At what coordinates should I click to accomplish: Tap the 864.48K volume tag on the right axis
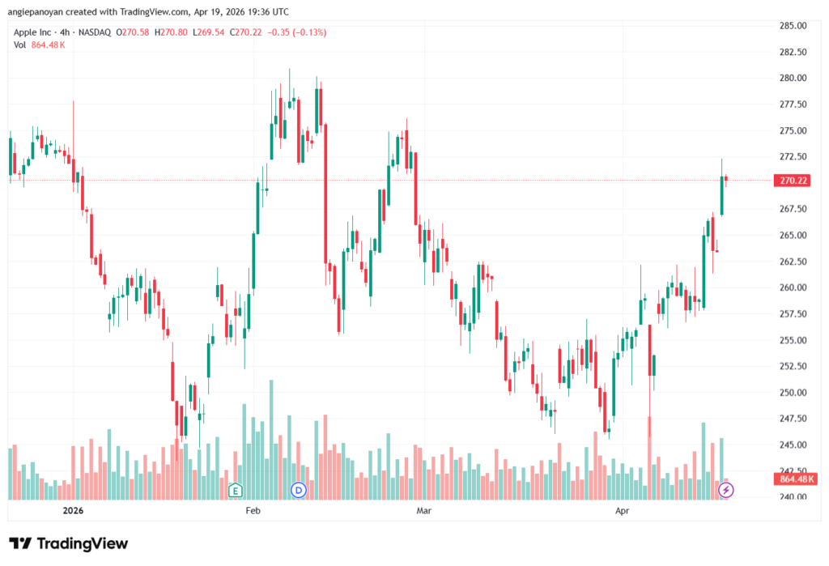pos(795,479)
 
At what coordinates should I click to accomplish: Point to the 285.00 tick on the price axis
pos(793,25)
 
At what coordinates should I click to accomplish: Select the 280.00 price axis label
pos(793,78)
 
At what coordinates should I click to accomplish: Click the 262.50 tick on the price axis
pos(793,262)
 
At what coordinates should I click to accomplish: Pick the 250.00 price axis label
pos(793,393)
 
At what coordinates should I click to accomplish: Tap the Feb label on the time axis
pos(253,510)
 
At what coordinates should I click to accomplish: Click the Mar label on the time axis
pos(423,510)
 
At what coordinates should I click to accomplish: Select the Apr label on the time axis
pos(623,510)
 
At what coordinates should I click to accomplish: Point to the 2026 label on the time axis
pos(73,510)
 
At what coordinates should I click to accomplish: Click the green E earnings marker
pos(236,490)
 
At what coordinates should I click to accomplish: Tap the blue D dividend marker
pos(298,490)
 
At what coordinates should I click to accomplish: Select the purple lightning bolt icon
pos(726,490)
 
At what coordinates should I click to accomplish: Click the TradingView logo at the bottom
pos(69,543)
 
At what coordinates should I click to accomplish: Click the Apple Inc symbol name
pos(32,32)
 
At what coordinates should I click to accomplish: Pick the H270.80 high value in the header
pos(171,32)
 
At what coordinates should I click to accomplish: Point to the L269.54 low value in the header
pos(208,32)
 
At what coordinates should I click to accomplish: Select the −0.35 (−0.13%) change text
pos(296,32)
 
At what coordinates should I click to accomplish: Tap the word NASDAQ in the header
pos(95,32)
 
